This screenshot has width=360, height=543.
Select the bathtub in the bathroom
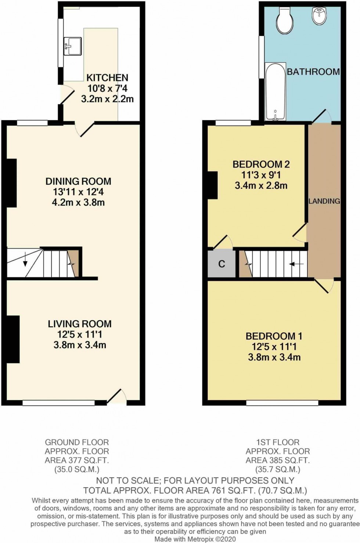[275, 92]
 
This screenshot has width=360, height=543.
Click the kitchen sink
[72, 46]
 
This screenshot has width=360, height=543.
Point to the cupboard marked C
[222, 264]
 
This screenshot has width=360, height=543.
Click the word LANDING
[324, 201]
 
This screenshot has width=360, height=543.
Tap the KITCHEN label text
[107, 78]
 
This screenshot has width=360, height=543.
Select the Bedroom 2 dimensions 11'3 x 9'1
[261, 175]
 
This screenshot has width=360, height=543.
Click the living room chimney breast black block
[12, 339]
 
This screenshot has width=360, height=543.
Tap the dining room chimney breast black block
[11, 182]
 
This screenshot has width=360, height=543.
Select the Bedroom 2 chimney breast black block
[213, 185]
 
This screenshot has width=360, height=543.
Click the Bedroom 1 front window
[282, 403]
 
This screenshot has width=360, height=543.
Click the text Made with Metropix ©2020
[195, 539]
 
